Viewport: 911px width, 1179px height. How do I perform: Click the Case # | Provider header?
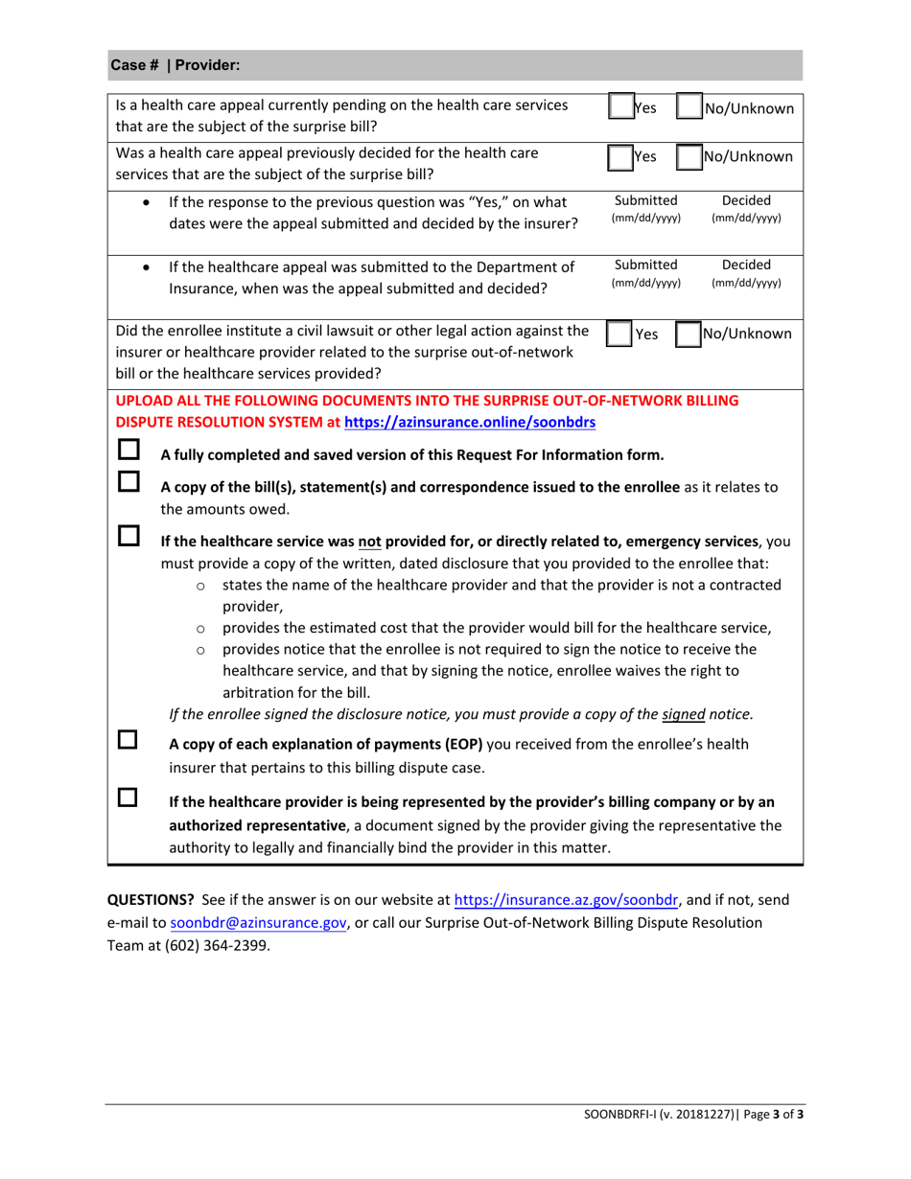[x=175, y=65]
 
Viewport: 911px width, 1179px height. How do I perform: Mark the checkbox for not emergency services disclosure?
[x=128, y=545]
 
